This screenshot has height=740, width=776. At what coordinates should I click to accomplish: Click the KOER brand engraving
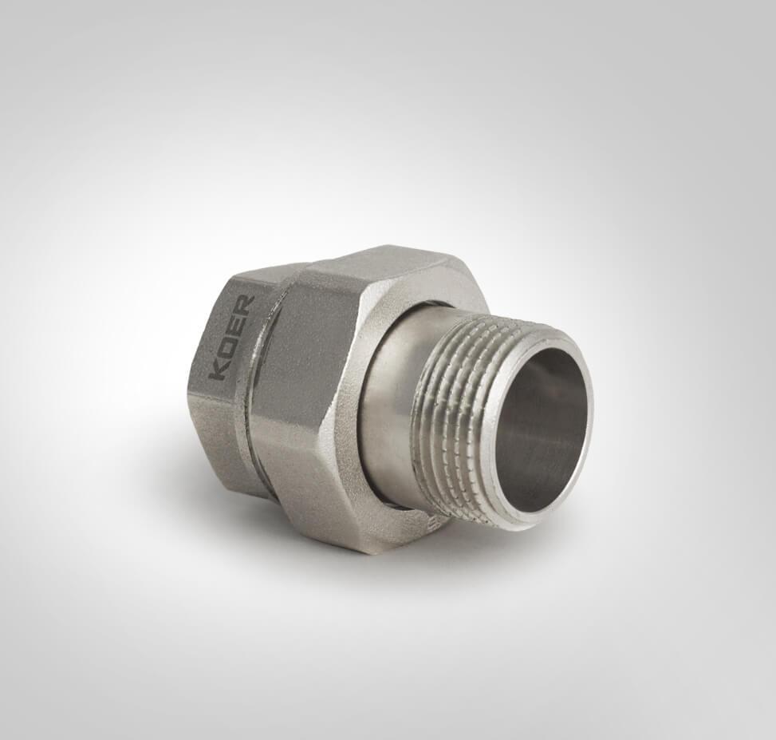[x=231, y=337]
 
